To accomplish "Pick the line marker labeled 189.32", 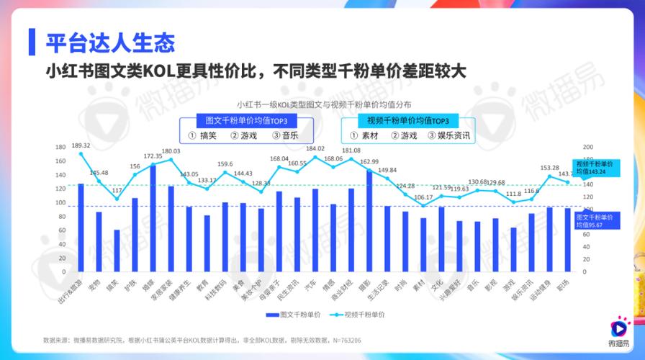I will pos(81,154).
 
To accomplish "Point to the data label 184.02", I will pos(315,148).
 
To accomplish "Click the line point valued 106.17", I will pos(423,205).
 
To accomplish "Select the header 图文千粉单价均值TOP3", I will pos(246,120).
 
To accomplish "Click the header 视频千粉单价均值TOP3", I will pos(407,120).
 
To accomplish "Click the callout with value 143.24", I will pos(594,168).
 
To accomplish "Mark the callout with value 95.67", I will pos(594,220).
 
